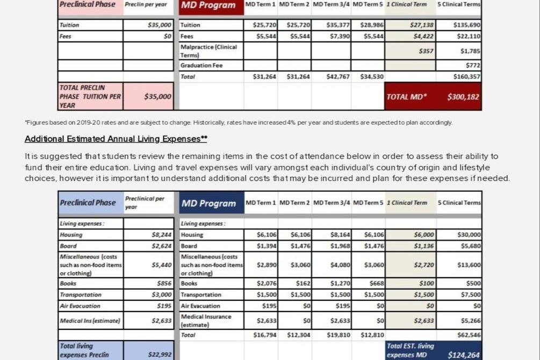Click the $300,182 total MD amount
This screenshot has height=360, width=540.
pyautogui.click(x=463, y=97)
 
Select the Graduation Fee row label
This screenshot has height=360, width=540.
pyautogui.click(x=201, y=66)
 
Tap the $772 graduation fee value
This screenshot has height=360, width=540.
pyautogui.click(x=473, y=66)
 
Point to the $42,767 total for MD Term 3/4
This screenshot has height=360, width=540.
pyautogui.click(x=338, y=77)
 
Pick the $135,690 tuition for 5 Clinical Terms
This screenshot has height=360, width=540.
pyautogui.click(x=467, y=25)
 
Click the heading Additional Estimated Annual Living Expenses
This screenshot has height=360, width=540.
pyautogui.click(x=116, y=139)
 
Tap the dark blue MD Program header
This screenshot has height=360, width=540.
pyautogui.click(x=208, y=204)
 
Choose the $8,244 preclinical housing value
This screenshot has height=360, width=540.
pyautogui.click(x=162, y=235)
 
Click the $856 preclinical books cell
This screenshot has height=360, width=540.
pyautogui.click(x=164, y=283)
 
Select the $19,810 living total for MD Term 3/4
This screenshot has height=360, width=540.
pyautogui.click(x=338, y=335)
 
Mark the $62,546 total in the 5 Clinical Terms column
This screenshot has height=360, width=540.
pyautogui.click(x=469, y=335)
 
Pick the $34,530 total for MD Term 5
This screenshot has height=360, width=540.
pyautogui.click(x=372, y=77)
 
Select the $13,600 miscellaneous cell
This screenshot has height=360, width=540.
pyautogui.click(x=469, y=265)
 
